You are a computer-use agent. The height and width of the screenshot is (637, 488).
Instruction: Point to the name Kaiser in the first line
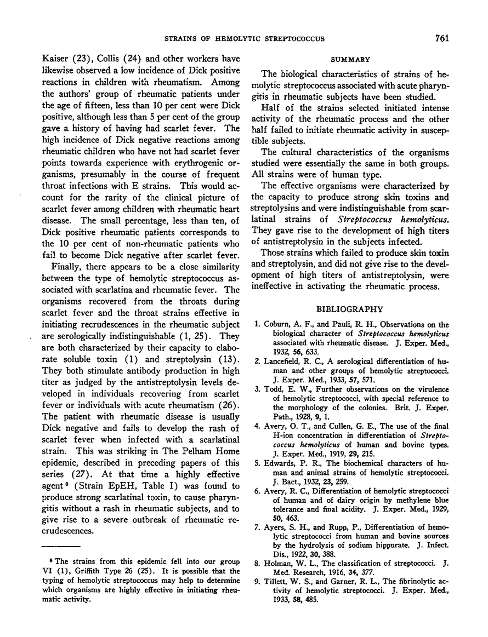tap(56, 60)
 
